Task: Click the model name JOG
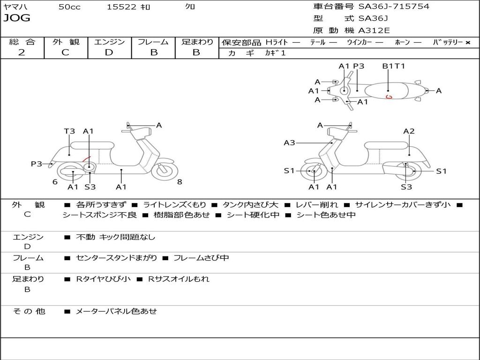click(17, 18)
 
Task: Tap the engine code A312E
click(374, 31)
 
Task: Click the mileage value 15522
click(121, 7)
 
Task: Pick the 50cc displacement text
click(69, 7)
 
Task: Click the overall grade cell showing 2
click(22, 52)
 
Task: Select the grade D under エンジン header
click(109, 52)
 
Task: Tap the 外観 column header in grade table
click(66, 42)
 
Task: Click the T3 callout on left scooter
click(69, 131)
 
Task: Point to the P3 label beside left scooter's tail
click(37, 164)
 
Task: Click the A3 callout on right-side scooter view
click(289, 143)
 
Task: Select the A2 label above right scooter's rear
click(409, 131)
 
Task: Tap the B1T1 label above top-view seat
click(393, 66)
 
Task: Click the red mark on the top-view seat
click(388, 97)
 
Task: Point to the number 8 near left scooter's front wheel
click(180, 182)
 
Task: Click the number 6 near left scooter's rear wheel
click(55, 182)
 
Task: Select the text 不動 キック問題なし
click(115, 237)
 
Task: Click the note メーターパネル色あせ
click(116, 311)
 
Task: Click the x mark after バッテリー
click(467, 42)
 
